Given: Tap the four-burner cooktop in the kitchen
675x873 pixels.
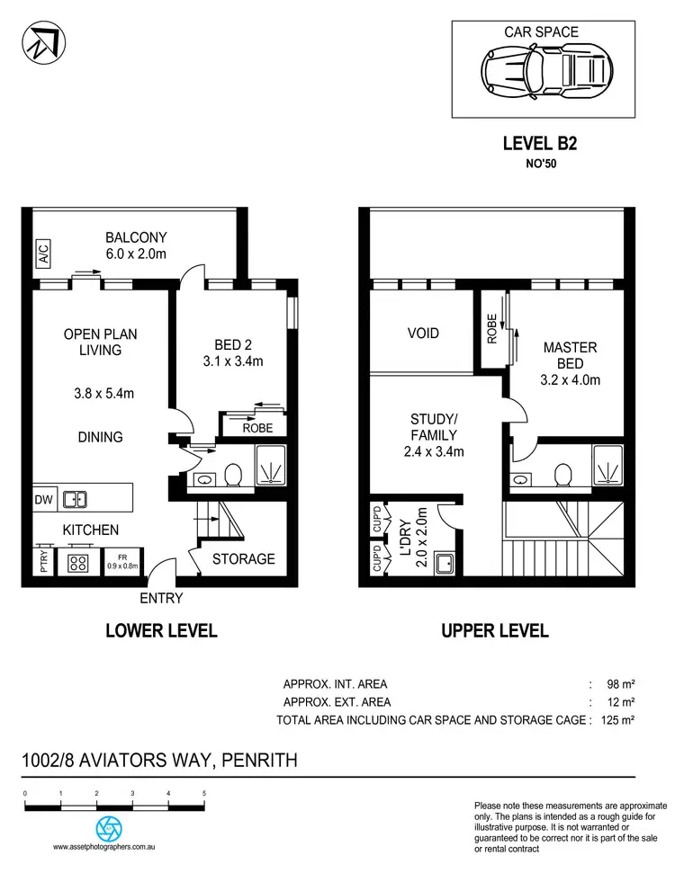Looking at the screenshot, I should pyautogui.click(x=78, y=564).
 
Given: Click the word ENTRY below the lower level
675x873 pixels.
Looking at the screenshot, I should pyautogui.click(x=162, y=598).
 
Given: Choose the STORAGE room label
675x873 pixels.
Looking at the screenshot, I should pyautogui.click(x=243, y=558).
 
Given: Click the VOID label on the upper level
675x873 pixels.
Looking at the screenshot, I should pyautogui.click(x=423, y=334).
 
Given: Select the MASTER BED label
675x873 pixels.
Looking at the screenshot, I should pyautogui.click(x=571, y=354).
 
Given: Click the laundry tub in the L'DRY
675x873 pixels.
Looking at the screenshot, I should pyautogui.click(x=443, y=564).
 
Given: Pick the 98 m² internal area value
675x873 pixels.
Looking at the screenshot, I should pyautogui.click(x=622, y=684).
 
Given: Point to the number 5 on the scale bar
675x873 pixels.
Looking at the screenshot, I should pyautogui.click(x=204, y=793).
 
